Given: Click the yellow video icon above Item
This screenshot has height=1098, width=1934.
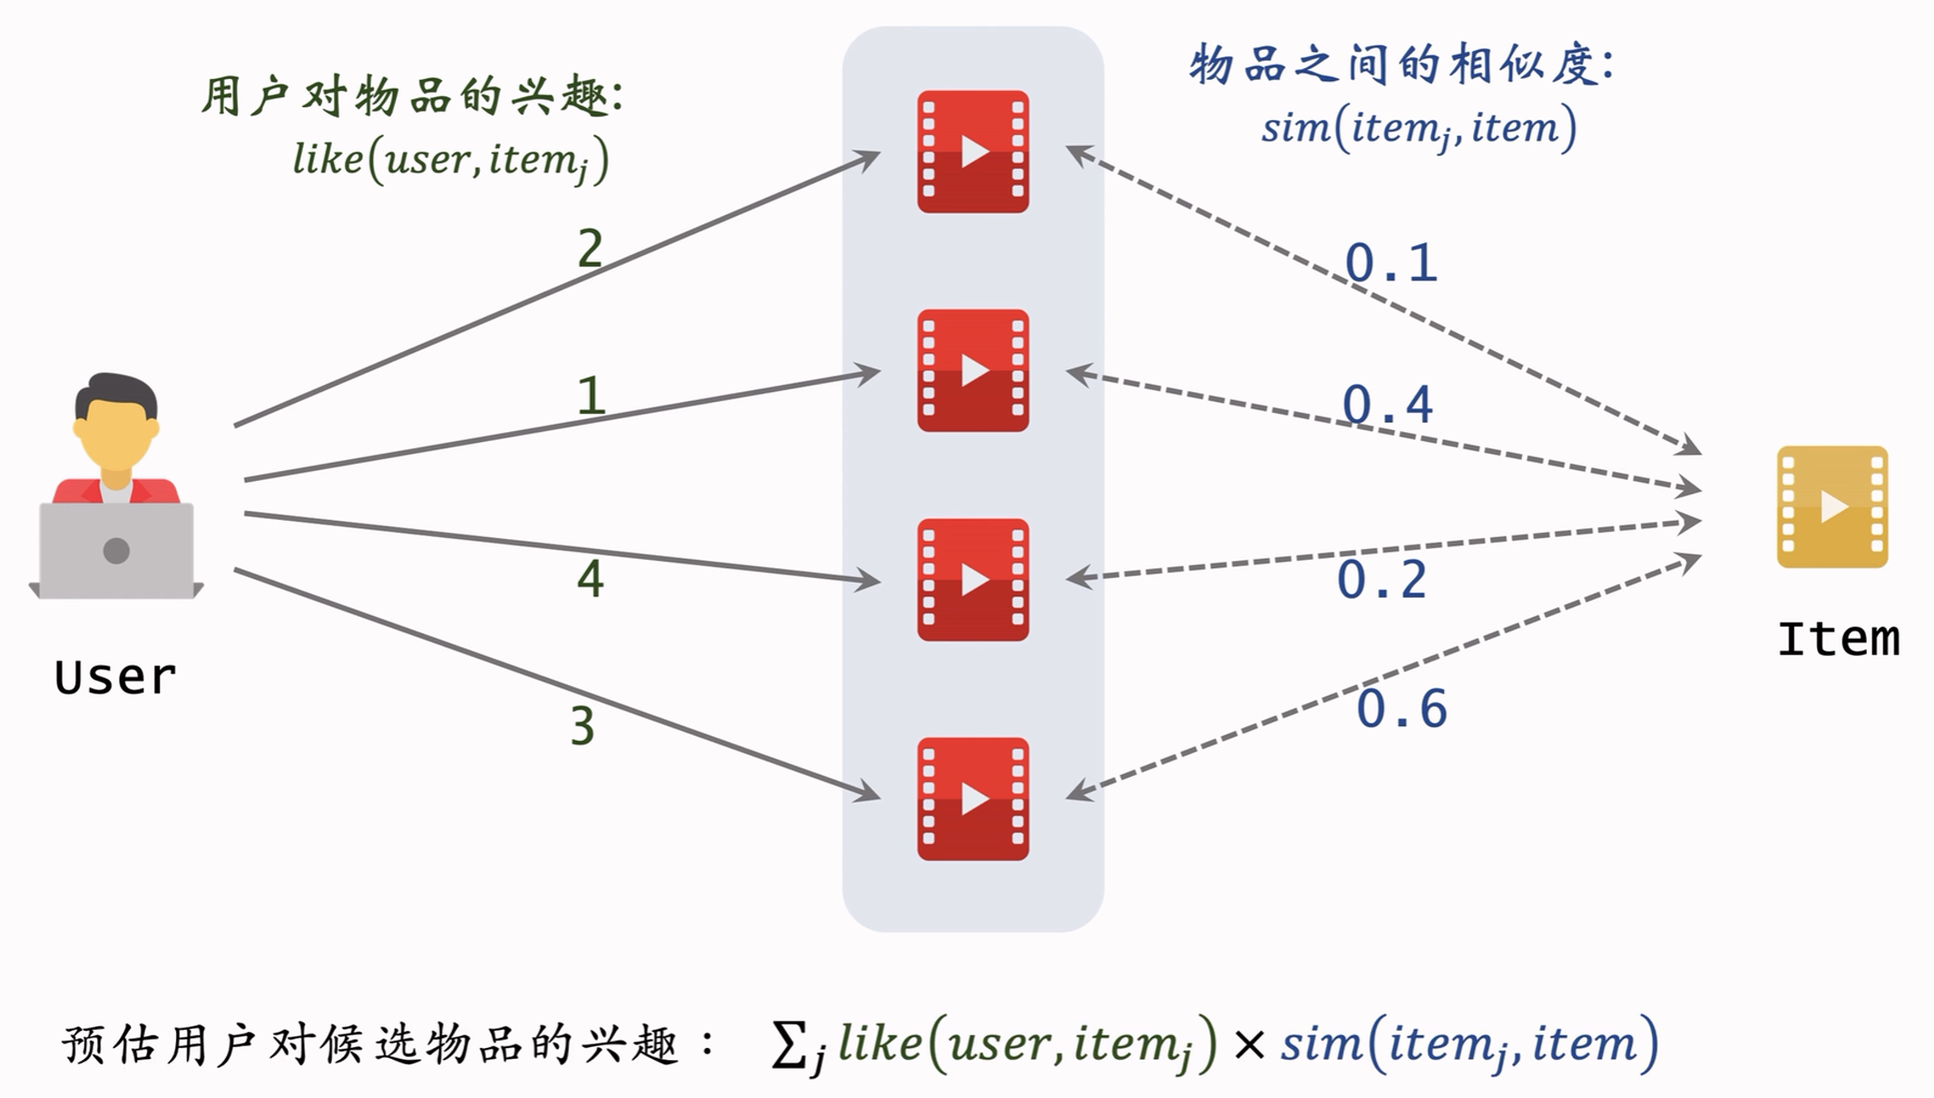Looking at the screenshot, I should (1831, 506).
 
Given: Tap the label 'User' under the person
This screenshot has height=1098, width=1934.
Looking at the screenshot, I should (115, 677).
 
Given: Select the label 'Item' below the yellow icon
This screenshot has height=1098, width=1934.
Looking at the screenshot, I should (1838, 639).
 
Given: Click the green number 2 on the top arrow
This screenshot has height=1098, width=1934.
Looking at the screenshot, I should (590, 249).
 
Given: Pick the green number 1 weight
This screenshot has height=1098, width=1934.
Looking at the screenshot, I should (591, 397).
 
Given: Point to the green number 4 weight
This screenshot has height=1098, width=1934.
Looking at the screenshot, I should (590, 579).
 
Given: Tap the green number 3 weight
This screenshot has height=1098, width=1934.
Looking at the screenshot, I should (583, 727).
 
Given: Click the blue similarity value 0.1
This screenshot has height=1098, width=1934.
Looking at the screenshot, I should (1390, 263).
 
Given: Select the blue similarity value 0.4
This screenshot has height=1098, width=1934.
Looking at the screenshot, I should (1387, 405).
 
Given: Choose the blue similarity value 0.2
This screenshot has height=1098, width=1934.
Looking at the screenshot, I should (1381, 580).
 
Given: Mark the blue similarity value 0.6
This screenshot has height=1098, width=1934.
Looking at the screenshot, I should (1401, 709).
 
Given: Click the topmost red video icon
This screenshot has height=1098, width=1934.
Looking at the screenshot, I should (973, 152).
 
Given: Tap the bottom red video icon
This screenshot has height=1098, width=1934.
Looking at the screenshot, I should (973, 799).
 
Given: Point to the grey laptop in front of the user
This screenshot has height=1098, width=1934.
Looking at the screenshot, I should (116, 551).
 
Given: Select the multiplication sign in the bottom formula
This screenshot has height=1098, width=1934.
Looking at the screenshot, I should (1249, 1045).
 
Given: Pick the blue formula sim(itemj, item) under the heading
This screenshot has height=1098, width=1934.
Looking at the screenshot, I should (1419, 128).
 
